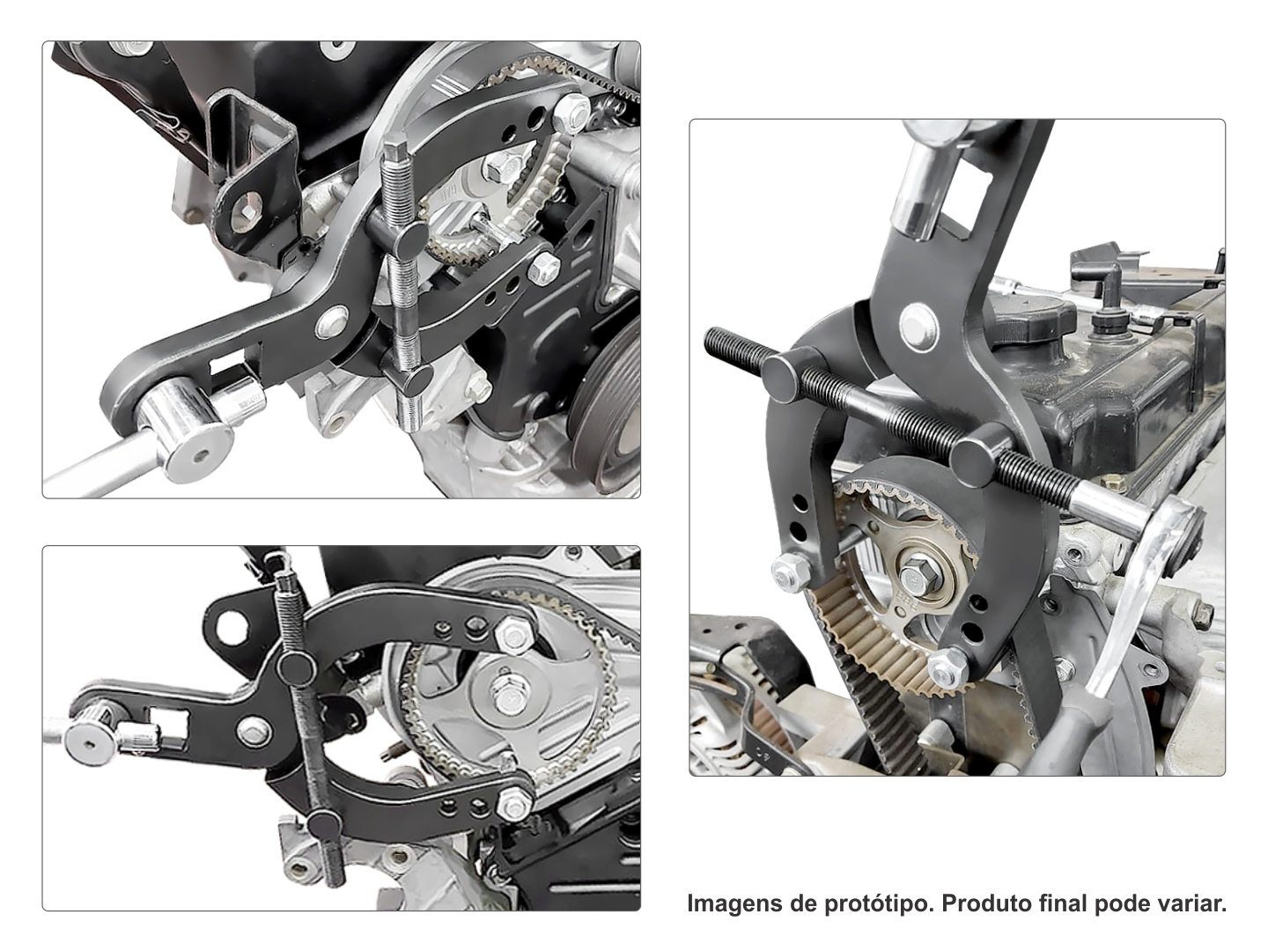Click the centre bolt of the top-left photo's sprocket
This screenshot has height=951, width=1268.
[x=500, y=167]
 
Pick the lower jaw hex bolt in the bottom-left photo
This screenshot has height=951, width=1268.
[x=514, y=801]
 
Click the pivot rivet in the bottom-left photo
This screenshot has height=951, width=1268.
[x=253, y=732]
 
